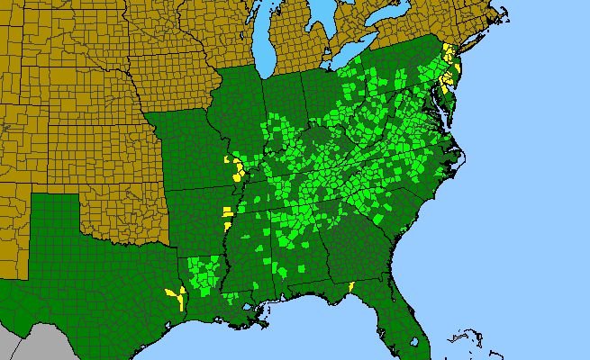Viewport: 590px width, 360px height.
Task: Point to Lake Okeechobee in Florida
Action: tap(413, 341)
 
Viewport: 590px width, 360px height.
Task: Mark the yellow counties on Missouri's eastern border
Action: tap(237, 168)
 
